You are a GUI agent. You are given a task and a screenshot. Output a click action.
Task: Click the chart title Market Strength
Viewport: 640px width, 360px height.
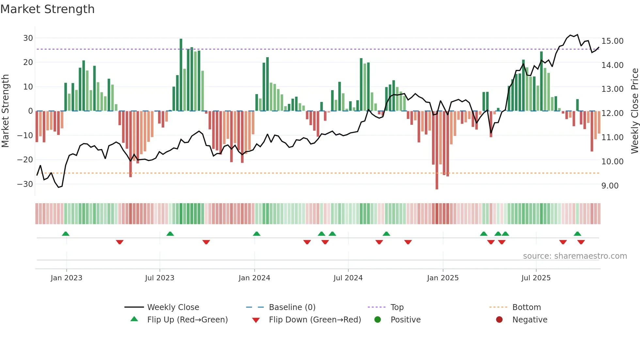48,9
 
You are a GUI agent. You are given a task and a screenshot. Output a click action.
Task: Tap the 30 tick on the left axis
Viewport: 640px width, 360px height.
28,38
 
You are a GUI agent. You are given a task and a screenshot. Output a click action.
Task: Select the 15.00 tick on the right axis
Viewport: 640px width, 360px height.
612,41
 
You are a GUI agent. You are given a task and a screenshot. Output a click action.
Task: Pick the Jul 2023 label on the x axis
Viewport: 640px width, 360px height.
160,278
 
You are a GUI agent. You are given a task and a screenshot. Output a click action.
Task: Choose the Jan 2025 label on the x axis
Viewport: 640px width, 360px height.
443,278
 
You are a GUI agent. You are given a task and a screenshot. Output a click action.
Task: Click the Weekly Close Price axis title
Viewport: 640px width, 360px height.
634,111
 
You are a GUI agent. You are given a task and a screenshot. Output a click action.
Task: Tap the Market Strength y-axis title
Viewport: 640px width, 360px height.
6,111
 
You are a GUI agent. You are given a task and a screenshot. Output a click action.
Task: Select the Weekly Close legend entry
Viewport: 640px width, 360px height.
173,307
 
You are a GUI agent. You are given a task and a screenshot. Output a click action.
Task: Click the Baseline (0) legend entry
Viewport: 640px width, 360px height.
292,307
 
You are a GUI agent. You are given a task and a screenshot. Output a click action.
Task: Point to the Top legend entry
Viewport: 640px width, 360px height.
397,307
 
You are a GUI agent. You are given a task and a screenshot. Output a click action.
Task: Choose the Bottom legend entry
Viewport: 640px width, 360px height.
526,307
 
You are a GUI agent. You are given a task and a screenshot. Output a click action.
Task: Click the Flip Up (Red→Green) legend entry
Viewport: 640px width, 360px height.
187,320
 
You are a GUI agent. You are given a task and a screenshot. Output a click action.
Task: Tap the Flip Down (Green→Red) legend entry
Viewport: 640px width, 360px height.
314,320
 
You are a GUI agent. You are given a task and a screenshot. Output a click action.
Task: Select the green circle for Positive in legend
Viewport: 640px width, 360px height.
378,320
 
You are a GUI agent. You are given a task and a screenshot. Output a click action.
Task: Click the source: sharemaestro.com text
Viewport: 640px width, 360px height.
575,256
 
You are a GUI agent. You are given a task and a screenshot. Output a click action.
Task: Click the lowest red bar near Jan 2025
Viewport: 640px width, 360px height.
437,150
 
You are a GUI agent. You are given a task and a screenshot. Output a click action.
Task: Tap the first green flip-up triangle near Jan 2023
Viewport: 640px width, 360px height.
66,234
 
